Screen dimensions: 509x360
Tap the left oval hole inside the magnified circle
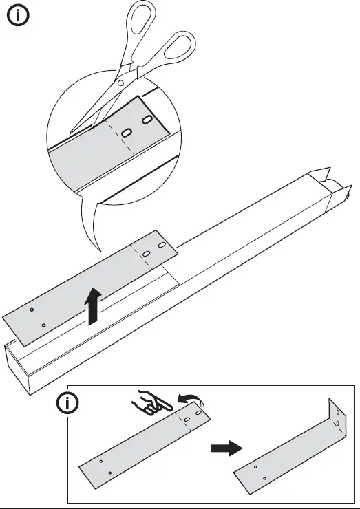pos(127,132)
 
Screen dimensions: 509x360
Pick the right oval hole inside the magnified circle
pos(147,121)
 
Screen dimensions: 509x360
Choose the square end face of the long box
pos(19,369)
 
